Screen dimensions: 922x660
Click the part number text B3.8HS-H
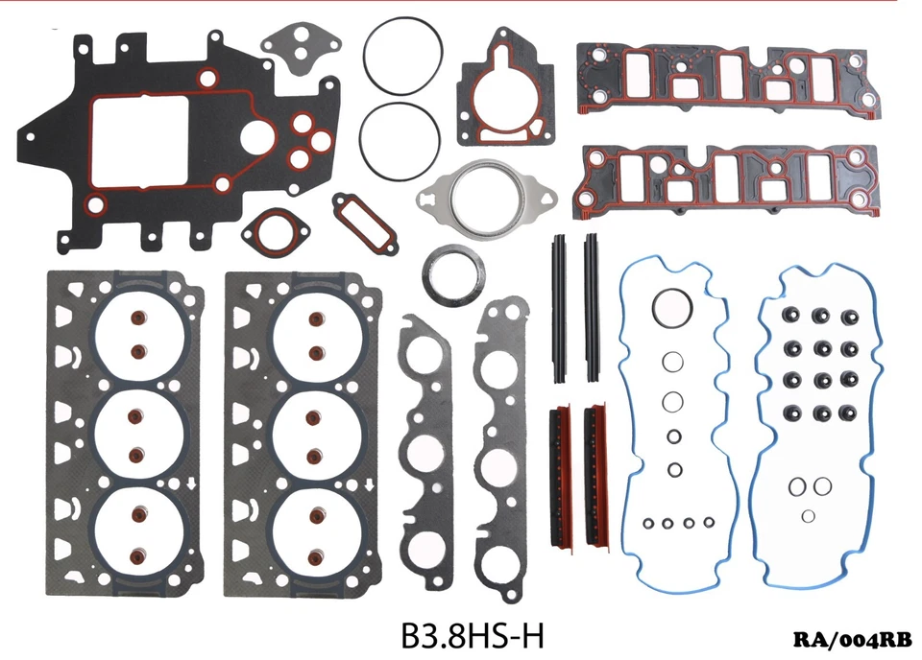(473, 636)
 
